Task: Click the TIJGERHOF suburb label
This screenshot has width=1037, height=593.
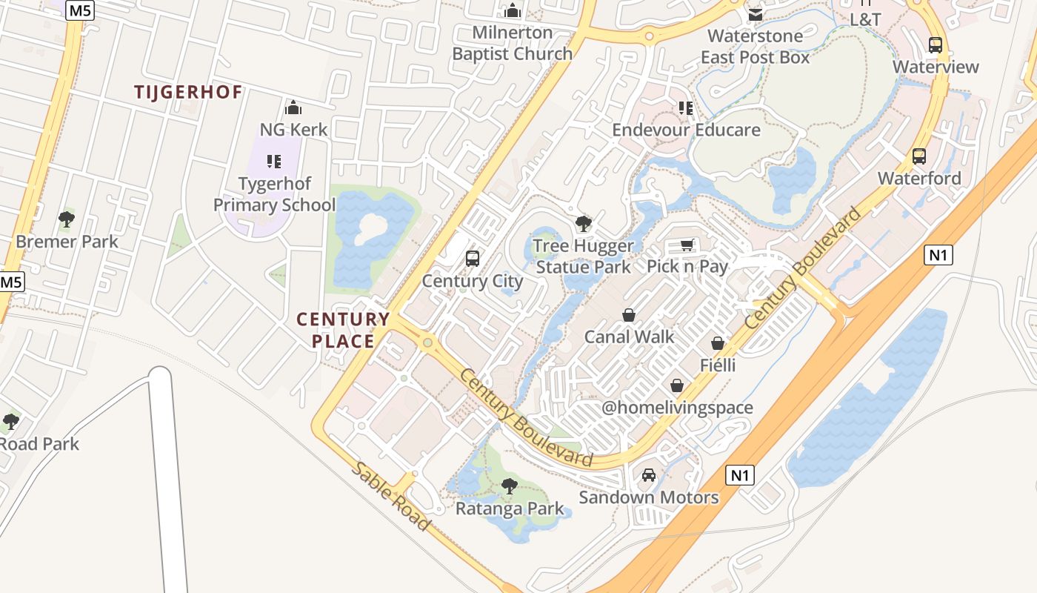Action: tap(188, 93)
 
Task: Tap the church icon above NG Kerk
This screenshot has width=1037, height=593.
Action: tap(293, 108)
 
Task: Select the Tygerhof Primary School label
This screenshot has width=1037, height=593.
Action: tap(275, 194)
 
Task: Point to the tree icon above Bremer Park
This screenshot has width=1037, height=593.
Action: tap(67, 219)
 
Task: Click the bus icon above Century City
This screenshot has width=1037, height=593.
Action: tap(473, 259)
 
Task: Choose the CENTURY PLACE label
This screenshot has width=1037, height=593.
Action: tap(343, 331)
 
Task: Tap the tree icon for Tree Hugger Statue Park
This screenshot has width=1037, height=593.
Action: tap(584, 224)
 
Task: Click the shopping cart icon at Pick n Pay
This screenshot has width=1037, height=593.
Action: tap(687, 245)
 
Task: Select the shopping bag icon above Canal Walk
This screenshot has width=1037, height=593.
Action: tap(629, 316)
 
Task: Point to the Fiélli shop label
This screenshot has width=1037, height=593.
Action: tap(718, 365)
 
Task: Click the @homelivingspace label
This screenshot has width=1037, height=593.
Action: tap(677, 408)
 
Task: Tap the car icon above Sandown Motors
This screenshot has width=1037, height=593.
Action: tap(649, 475)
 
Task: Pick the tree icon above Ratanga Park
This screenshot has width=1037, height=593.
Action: tap(509, 486)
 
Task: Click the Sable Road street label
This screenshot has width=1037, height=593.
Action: tap(390, 496)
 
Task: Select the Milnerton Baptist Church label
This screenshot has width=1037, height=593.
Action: tap(513, 43)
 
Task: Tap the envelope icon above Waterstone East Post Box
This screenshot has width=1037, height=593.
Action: tap(755, 15)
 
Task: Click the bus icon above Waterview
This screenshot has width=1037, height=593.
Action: tap(936, 45)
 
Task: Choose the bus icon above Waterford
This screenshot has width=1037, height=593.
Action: tap(919, 156)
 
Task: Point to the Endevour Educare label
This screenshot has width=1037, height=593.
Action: tap(686, 130)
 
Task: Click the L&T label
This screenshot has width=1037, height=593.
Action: tap(865, 19)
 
